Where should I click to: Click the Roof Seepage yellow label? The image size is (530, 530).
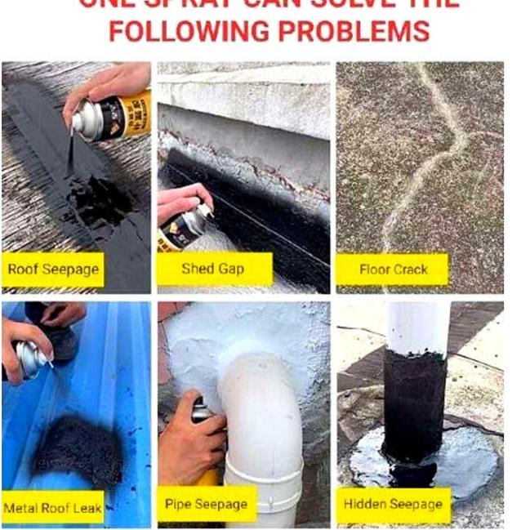click(x=53, y=269)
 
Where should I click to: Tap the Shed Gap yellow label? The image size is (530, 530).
click(x=214, y=269)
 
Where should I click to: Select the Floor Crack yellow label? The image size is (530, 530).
click(x=393, y=269)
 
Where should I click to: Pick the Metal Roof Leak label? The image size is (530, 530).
click(x=53, y=508)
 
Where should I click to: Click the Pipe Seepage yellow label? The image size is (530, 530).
click(x=206, y=504)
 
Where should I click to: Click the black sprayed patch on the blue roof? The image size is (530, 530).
click(x=78, y=445)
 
